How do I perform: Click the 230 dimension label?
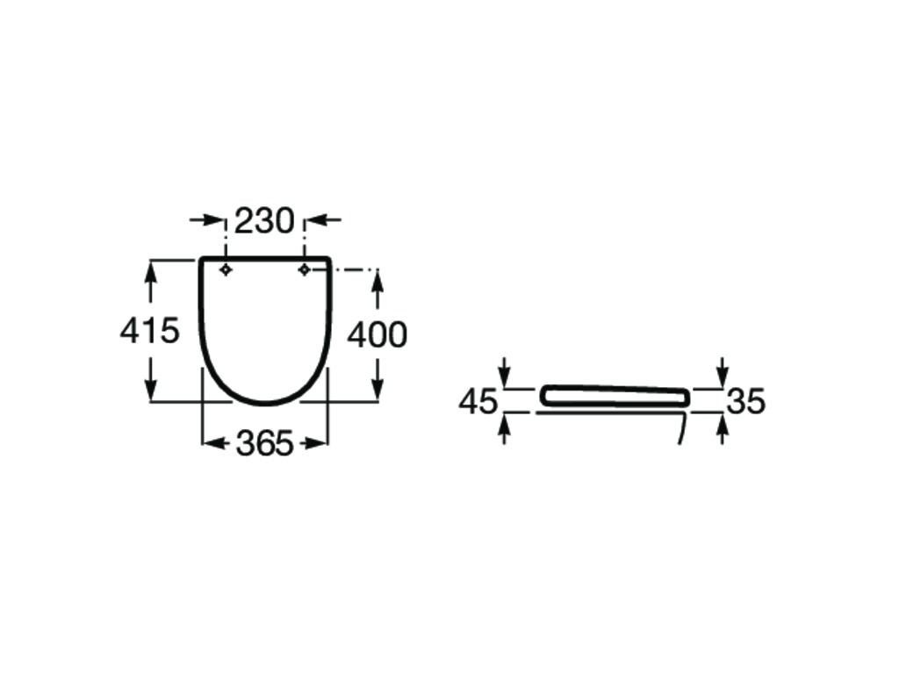click(x=263, y=221)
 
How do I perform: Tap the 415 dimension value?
click(x=149, y=331)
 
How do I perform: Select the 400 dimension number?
click(x=378, y=334)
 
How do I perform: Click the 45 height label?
click(x=478, y=402)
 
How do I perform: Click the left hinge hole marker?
click(x=226, y=269)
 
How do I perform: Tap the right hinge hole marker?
click(x=304, y=269)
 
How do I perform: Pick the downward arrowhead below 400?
click(x=378, y=392)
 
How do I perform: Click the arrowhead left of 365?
click(x=212, y=444)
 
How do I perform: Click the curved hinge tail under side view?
click(x=682, y=429)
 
